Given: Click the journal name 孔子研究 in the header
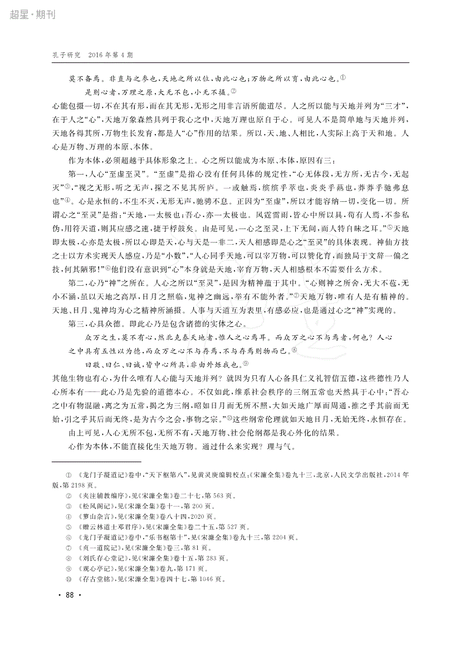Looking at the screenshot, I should click(66, 56).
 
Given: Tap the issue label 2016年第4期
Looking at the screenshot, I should click(110, 56).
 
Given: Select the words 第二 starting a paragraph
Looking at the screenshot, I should click(75, 282).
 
